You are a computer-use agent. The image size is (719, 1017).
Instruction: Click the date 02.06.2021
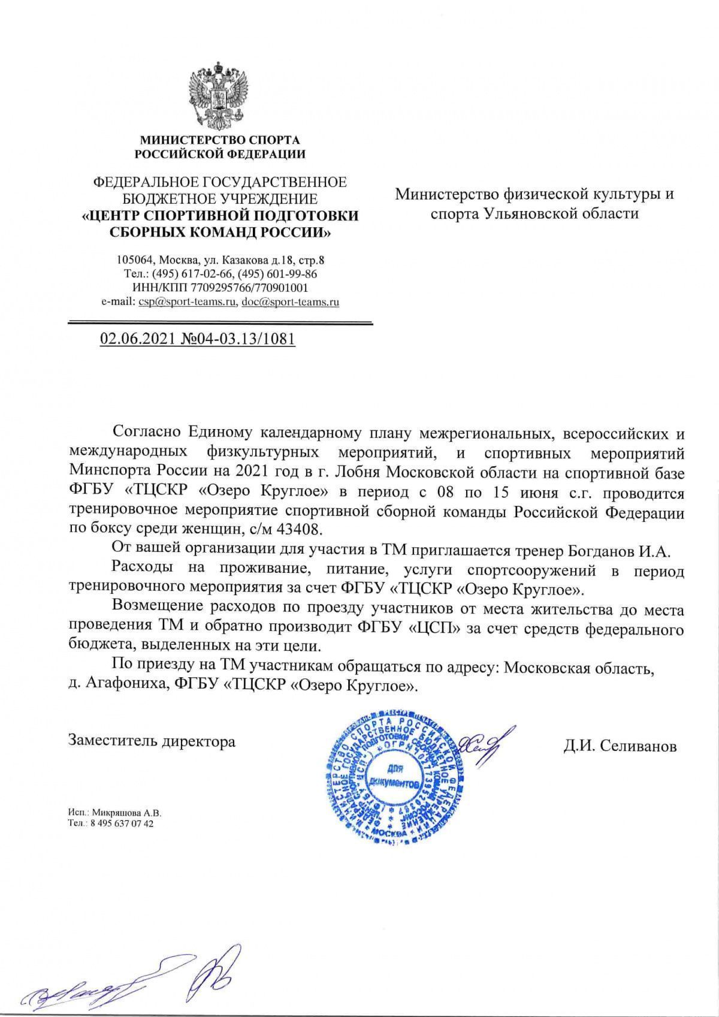[137, 339]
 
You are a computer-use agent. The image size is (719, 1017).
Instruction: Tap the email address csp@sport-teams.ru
[186, 303]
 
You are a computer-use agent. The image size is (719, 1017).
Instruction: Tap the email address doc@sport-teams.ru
[290, 303]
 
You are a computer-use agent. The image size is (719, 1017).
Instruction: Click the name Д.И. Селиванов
[620, 747]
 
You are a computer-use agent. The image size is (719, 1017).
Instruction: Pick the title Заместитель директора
[152, 741]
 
